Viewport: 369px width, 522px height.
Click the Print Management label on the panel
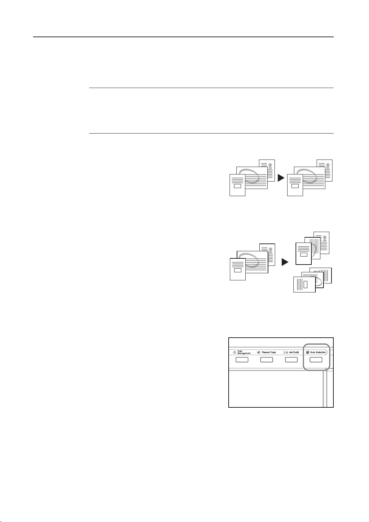pyautogui.click(x=244, y=353)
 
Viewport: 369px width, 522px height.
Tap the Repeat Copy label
pyautogui.click(x=269, y=352)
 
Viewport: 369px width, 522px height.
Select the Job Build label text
pyautogui.click(x=294, y=352)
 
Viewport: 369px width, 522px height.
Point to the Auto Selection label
pyautogui.click(x=318, y=352)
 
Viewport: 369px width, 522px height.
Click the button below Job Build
pyautogui.click(x=291, y=360)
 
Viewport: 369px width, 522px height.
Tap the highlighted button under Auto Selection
pyautogui.click(x=316, y=360)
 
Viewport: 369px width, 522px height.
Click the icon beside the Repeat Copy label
pyautogui.click(x=259, y=352)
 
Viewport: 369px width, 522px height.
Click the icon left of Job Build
pyautogui.click(x=285, y=352)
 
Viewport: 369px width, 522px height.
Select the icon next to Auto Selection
pyautogui.click(x=307, y=352)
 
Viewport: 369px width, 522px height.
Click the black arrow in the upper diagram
pyautogui.click(x=281, y=178)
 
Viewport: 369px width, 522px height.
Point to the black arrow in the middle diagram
pyautogui.click(x=285, y=262)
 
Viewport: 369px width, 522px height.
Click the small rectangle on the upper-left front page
pyautogui.click(x=237, y=186)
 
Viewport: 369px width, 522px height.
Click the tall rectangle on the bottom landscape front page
pyautogui.click(x=305, y=284)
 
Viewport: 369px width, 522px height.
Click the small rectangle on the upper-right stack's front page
pyautogui.click(x=295, y=186)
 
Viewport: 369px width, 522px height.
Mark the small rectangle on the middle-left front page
pyautogui.click(x=238, y=270)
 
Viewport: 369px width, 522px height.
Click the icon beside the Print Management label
pyautogui.click(x=235, y=352)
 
